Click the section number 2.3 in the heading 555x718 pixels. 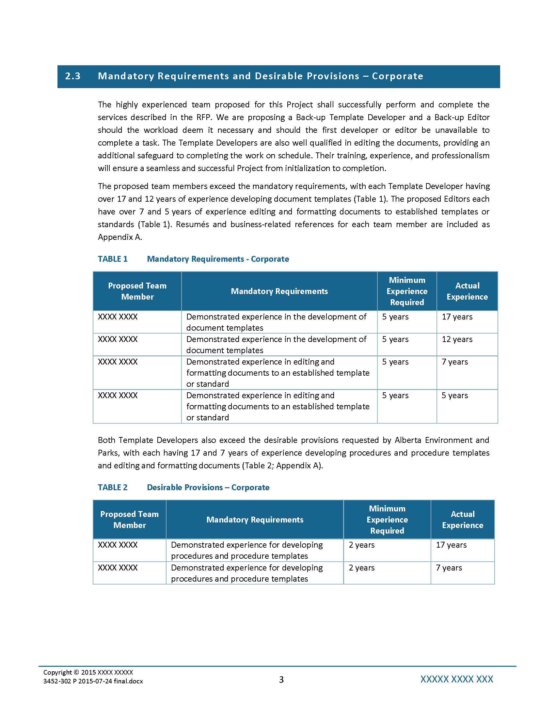73,76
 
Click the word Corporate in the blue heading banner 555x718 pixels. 397,76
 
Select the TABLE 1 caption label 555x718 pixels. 112,259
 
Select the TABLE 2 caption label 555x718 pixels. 112,487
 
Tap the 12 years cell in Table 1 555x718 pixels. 457,339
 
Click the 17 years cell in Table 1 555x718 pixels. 457,317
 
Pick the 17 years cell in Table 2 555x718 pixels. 451,545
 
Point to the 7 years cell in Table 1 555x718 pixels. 454,362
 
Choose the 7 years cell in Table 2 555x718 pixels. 449,568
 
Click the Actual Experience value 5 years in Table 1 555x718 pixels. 454,396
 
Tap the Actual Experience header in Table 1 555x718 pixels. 467,291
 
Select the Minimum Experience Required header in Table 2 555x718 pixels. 387,520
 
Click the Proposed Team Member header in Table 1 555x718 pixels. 137,291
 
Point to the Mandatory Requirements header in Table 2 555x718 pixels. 255,520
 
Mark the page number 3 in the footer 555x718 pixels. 281,679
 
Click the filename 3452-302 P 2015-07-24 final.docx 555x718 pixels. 93,681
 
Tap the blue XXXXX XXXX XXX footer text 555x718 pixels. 456,679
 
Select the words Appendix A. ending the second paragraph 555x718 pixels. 120,237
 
